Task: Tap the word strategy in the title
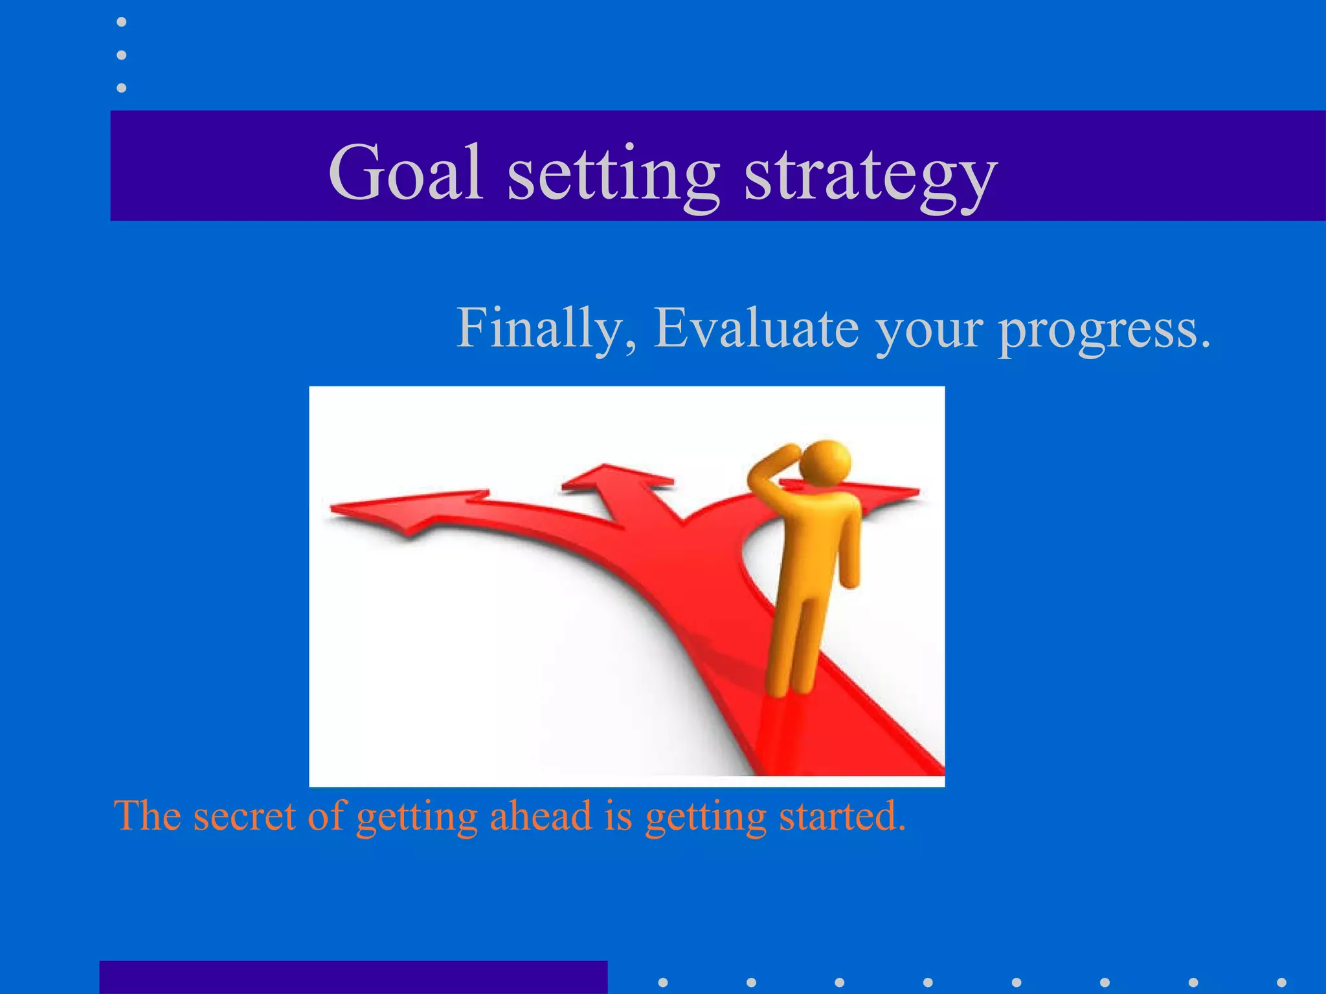(870, 176)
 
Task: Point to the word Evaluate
(756, 327)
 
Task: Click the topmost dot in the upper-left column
(121, 22)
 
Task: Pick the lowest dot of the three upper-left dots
(121, 87)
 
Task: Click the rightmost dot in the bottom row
(1281, 982)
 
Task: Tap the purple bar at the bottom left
(353, 977)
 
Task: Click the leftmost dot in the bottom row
(662, 982)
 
